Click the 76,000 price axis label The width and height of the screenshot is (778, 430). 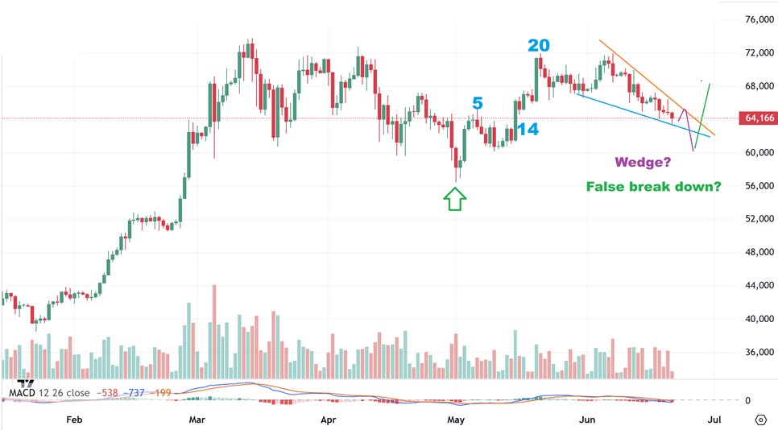759,19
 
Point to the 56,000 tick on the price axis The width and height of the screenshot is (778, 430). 759,186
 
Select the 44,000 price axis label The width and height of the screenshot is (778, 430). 759,286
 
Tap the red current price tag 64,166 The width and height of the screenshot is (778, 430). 759,118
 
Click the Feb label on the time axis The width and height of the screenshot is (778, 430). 74,420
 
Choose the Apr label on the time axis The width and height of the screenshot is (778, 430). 328,420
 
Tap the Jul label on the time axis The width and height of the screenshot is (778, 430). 714,420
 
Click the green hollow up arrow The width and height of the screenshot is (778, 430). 455,198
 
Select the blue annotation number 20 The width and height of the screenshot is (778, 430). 540,45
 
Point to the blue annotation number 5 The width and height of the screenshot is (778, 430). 478,103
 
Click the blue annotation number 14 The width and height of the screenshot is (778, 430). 528,129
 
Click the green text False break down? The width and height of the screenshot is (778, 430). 653,187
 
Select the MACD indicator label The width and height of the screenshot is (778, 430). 49,393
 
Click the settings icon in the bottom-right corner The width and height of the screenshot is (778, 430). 760,420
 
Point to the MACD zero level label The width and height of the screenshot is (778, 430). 747,400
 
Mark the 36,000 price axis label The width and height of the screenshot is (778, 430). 759,353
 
